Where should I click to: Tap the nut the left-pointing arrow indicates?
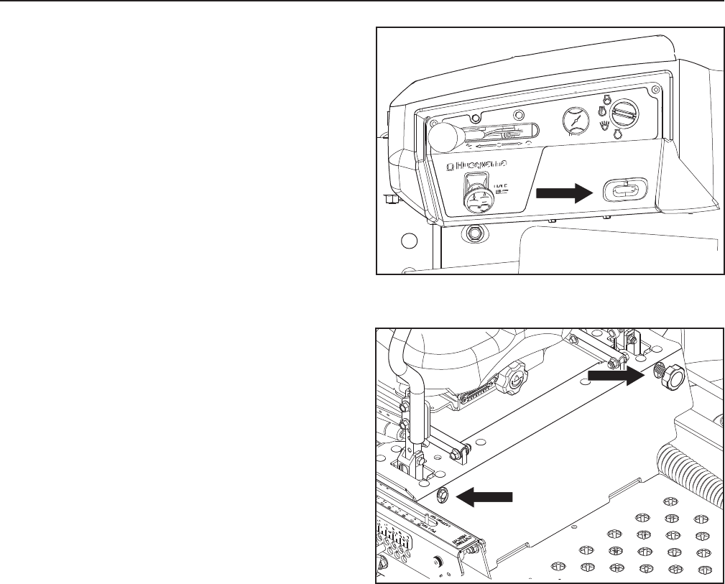[x=443, y=493]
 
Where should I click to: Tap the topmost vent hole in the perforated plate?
[x=670, y=501]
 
